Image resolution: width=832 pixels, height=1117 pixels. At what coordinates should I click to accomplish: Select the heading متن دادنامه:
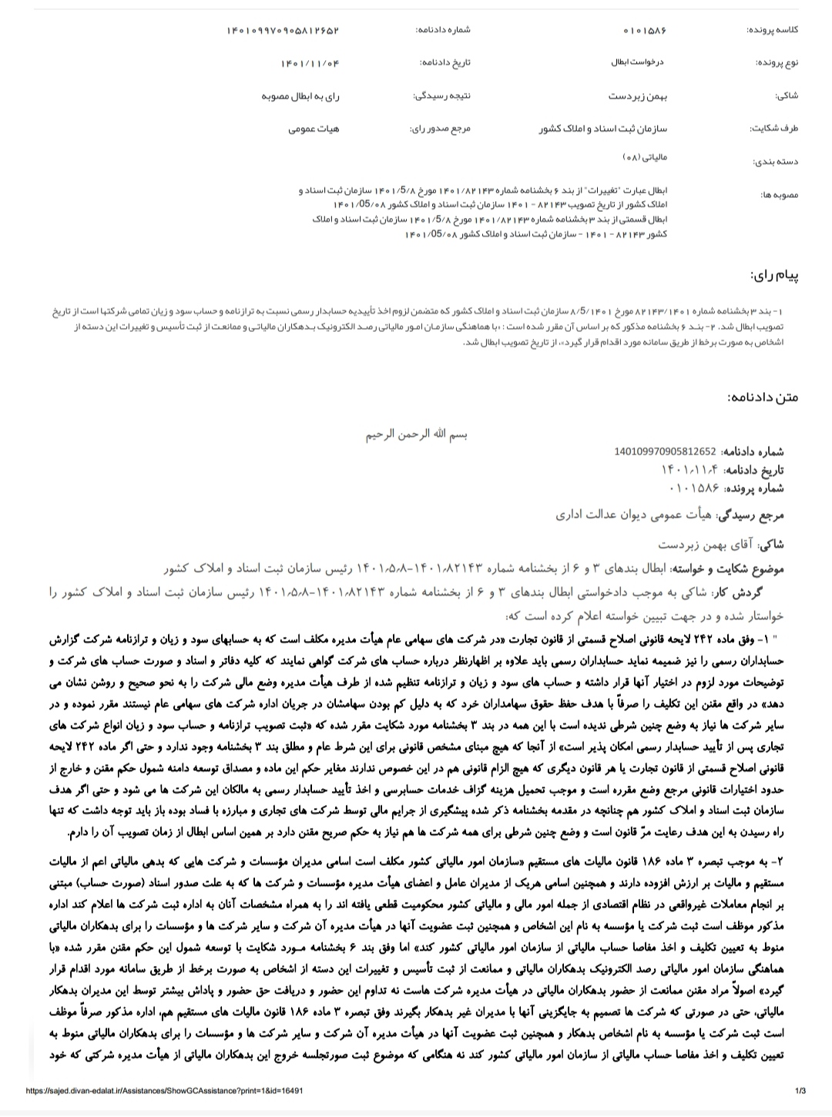[763, 397]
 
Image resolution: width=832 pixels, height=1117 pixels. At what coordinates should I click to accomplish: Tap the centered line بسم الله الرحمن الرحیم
[416, 434]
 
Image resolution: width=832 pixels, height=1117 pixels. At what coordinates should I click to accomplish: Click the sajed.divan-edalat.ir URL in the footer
[164, 1091]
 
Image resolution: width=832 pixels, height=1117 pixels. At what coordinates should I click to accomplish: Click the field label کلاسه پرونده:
[772, 30]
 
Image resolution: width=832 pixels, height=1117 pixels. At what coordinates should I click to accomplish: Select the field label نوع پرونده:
[777, 62]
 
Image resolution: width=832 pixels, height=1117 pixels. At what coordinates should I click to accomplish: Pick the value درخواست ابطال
[642, 62]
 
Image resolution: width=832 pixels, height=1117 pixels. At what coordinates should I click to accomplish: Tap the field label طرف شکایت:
[774, 129]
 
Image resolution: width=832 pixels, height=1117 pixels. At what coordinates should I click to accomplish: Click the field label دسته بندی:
[777, 162]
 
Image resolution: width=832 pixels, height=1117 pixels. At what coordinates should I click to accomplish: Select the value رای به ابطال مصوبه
[300, 96]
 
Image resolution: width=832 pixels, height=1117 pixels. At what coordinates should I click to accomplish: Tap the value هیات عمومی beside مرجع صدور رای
[314, 129]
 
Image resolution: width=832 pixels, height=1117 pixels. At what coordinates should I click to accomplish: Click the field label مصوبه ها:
[778, 196]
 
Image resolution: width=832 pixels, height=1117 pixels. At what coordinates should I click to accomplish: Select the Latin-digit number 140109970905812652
[666, 451]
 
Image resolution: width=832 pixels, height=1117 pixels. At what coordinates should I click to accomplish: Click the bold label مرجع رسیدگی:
[750, 515]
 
